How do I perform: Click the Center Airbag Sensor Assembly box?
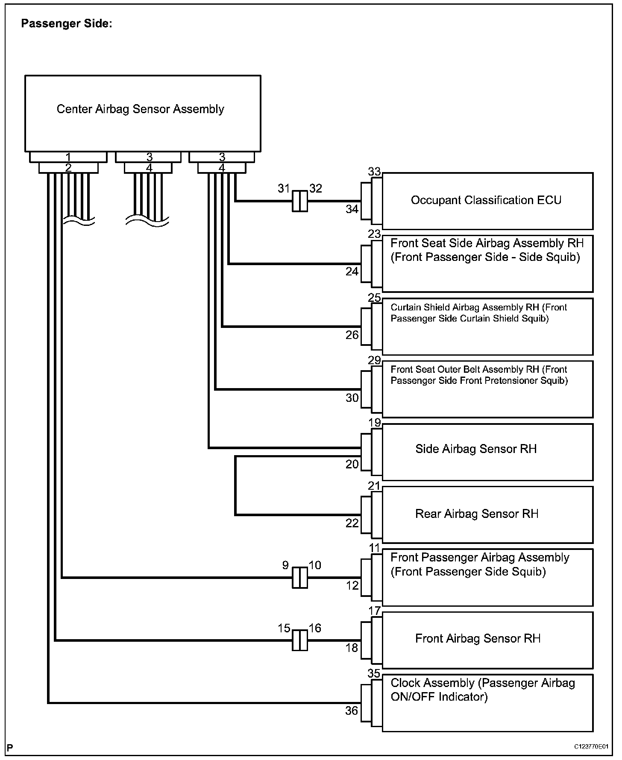(x=143, y=113)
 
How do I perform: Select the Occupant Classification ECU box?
(x=487, y=201)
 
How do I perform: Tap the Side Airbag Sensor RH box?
(x=487, y=452)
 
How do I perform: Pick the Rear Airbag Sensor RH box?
(x=487, y=514)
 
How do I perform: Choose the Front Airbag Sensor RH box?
(x=487, y=640)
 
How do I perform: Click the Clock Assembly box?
(x=487, y=702)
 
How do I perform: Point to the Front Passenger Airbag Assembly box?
(x=487, y=577)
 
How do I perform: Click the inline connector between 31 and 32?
(x=299, y=201)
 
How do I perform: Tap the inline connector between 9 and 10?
(x=299, y=578)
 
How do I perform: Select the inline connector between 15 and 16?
(x=299, y=640)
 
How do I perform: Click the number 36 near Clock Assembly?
(x=352, y=710)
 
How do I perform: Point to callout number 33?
(x=374, y=172)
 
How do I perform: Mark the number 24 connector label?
(x=352, y=272)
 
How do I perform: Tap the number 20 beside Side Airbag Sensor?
(x=352, y=464)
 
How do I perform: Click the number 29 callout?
(x=374, y=360)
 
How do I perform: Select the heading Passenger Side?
(x=66, y=24)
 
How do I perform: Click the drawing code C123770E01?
(x=591, y=746)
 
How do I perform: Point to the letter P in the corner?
(x=10, y=747)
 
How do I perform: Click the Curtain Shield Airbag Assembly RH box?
(x=487, y=326)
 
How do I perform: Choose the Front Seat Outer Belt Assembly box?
(x=487, y=389)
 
